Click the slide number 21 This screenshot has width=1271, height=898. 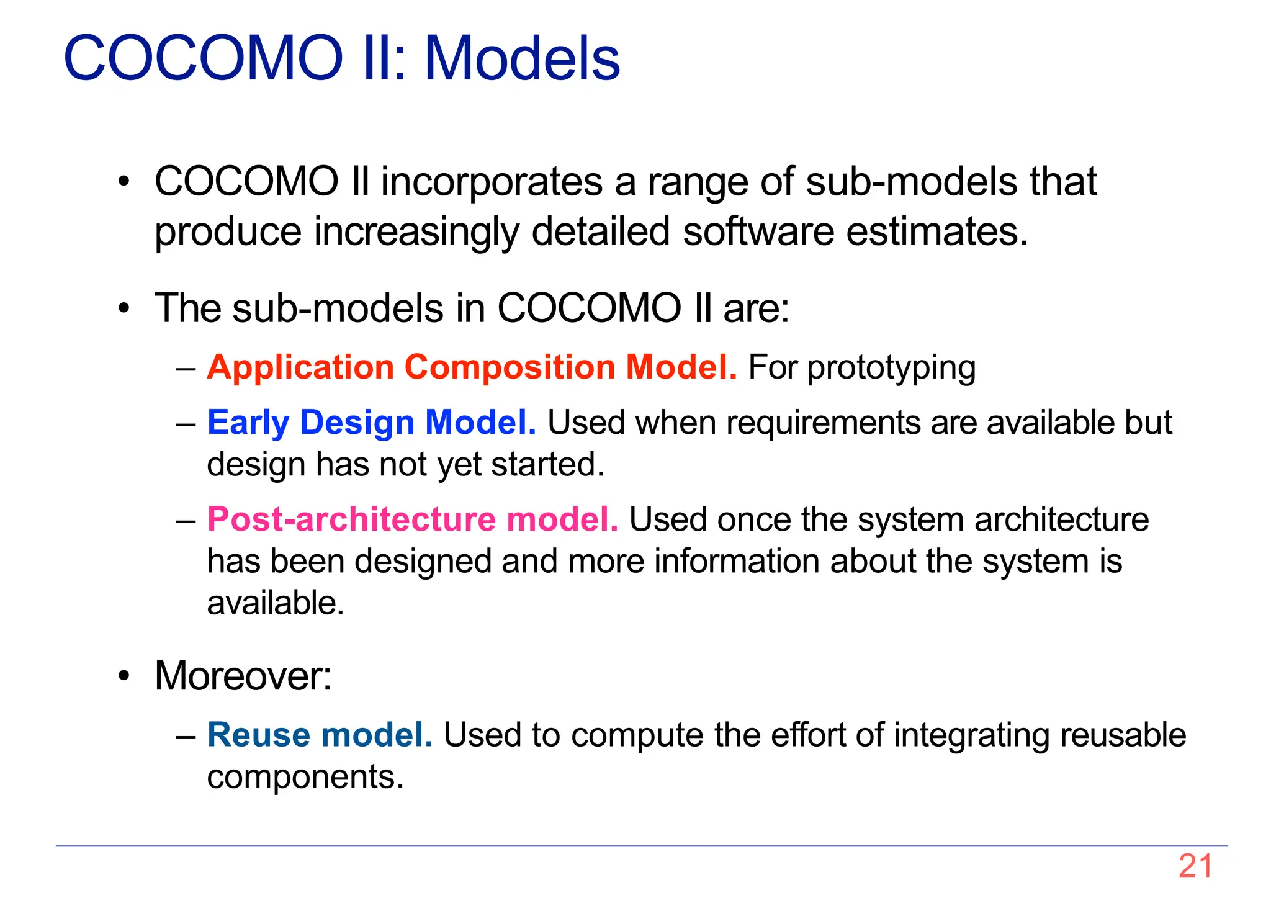1195,866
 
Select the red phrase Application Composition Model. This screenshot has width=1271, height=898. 472,367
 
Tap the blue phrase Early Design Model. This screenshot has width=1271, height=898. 371,423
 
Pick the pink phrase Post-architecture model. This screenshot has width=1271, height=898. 412,519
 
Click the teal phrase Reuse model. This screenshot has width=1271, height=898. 320,735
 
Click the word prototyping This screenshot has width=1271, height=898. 891,368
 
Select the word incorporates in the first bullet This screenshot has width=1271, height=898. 492,182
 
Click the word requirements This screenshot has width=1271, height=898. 823,423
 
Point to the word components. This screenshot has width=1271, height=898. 305,777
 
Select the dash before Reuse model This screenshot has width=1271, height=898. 186,736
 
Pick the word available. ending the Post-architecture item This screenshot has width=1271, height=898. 275,603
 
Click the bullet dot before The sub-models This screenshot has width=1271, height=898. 125,308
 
